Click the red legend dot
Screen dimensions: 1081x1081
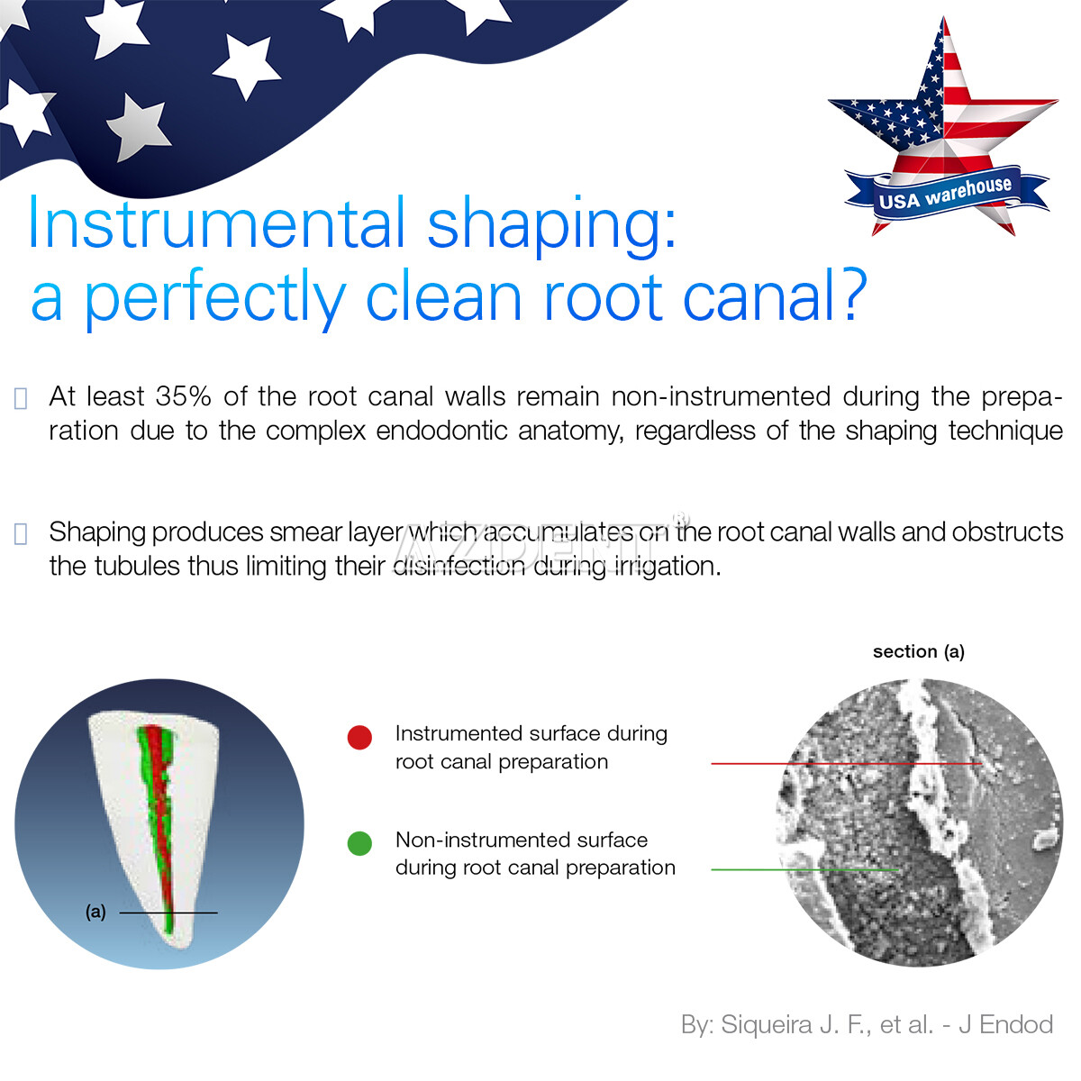pyautogui.click(x=359, y=738)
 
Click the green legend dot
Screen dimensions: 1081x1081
pyautogui.click(x=359, y=844)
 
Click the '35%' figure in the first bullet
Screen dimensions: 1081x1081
pyautogui.click(x=184, y=396)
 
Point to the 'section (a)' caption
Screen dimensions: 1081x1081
pyautogui.click(x=918, y=651)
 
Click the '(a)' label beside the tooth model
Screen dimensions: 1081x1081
pyautogui.click(x=95, y=912)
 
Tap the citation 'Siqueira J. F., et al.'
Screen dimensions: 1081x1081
pyautogui.click(x=826, y=1024)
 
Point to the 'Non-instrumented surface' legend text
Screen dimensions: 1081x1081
pyautogui.click(x=521, y=840)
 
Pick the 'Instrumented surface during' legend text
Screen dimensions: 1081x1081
pyautogui.click(x=531, y=733)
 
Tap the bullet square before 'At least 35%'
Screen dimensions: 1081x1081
pyautogui.click(x=22, y=398)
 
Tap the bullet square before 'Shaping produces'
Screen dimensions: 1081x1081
pyautogui.click(x=22, y=533)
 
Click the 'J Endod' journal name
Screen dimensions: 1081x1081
pyautogui.click(x=1005, y=1024)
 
